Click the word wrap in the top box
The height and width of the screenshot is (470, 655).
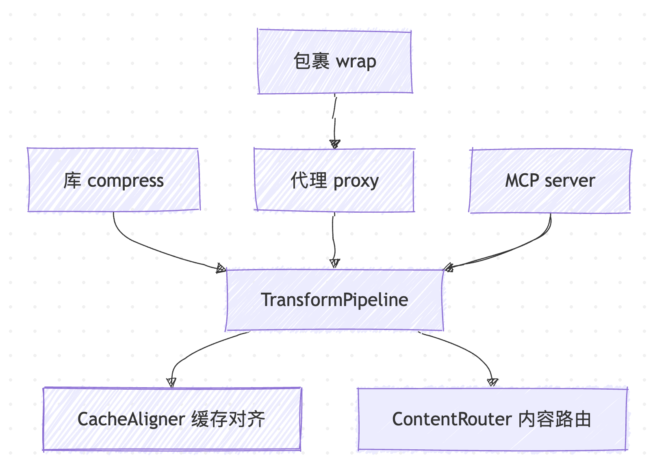[x=356, y=62]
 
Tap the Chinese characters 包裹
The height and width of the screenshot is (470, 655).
[x=311, y=61]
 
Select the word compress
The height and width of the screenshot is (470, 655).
[x=126, y=181]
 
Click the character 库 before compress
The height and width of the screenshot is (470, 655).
[x=72, y=181]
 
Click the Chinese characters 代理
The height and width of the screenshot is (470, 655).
[x=309, y=180]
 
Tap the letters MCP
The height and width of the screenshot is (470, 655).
[x=522, y=181]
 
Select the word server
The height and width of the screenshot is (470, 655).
[x=570, y=181]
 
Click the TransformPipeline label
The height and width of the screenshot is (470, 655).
[x=334, y=300]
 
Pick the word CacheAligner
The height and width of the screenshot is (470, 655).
[x=131, y=420]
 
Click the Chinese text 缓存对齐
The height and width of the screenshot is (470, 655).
[x=228, y=419]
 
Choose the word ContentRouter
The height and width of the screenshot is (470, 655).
[x=452, y=419]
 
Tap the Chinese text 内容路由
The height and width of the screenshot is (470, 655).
[x=555, y=419]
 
